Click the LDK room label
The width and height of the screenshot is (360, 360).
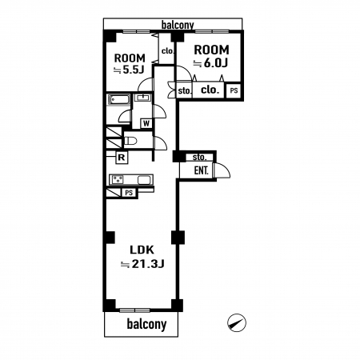tap(142, 250)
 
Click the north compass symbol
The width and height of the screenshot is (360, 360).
tap(237, 322)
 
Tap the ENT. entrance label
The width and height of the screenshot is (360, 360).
tap(201, 170)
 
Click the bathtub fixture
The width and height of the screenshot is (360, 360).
tap(119, 100)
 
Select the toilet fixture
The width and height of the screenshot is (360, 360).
tap(130, 141)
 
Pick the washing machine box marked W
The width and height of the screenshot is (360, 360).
tap(146, 123)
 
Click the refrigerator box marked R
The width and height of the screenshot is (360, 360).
tap(122, 158)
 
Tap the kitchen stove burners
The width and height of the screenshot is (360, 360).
tap(118, 179)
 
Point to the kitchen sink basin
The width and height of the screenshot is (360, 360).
tap(144, 180)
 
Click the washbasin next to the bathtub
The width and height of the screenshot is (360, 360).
tap(143, 98)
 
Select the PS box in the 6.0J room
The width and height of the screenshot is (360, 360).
tap(234, 90)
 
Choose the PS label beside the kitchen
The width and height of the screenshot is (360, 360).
tap(129, 193)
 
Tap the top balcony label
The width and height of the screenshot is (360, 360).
tap(178, 25)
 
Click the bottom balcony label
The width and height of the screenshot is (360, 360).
tap(146, 324)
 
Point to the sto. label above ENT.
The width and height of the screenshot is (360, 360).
tap(199, 158)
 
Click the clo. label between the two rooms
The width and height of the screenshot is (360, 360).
tap(168, 50)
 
